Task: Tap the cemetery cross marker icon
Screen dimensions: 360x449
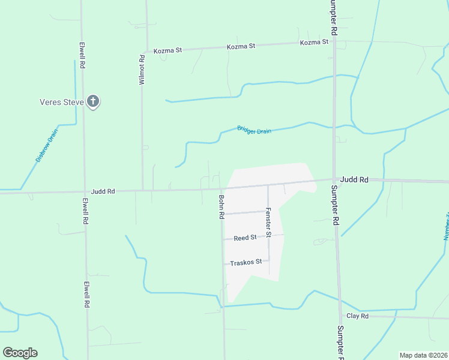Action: [x=92, y=101]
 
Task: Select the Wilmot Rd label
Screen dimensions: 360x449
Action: [x=142, y=70]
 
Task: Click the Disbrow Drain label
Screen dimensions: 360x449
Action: [x=46, y=145]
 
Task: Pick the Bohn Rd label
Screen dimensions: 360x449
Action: [x=221, y=206]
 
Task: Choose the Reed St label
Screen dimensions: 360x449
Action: [x=245, y=238]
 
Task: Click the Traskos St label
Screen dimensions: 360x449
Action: [x=246, y=262]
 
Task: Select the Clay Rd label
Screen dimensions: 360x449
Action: [x=357, y=316]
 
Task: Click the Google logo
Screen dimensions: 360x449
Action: [x=20, y=352]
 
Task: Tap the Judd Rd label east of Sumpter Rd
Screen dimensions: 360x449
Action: [x=354, y=179]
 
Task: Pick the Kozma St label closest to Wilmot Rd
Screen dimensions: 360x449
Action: [x=167, y=50]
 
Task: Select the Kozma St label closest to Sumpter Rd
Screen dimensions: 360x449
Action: [x=315, y=42]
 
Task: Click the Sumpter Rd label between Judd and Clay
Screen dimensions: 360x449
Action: [x=335, y=205]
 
